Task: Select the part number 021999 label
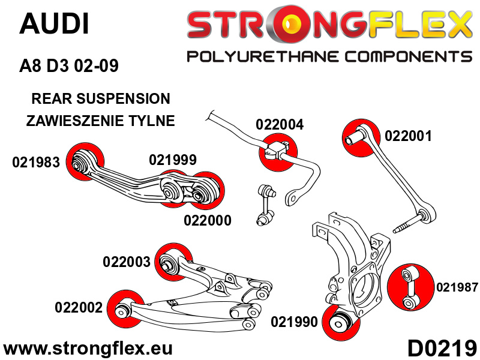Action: [x=173, y=160]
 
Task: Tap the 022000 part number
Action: [x=207, y=220]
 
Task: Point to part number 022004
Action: [x=280, y=125]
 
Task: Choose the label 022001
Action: [x=408, y=136]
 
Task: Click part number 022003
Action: [x=127, y=262]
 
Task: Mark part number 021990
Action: [x=294, y=322]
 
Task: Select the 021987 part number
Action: [x=457, y=288]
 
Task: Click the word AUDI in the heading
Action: [x=54, y=24]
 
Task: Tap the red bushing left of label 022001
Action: [x=361, y=135]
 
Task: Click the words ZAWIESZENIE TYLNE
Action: [x=101, y=121]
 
